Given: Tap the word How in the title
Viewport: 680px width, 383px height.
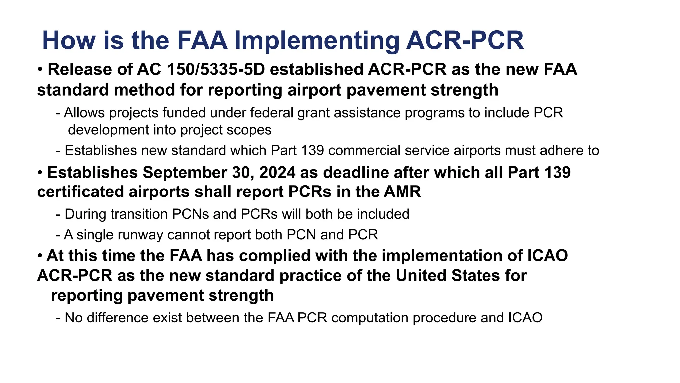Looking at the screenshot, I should click(69, 41).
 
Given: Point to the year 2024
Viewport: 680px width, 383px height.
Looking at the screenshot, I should click(277, 173).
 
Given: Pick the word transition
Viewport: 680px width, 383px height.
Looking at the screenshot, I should click(139, 214).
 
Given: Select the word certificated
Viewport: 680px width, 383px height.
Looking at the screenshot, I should click(80, 192).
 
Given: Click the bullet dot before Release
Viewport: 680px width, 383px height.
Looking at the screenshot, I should click(40, 70).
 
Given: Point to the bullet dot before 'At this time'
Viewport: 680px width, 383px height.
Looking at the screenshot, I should click(40, 256).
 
